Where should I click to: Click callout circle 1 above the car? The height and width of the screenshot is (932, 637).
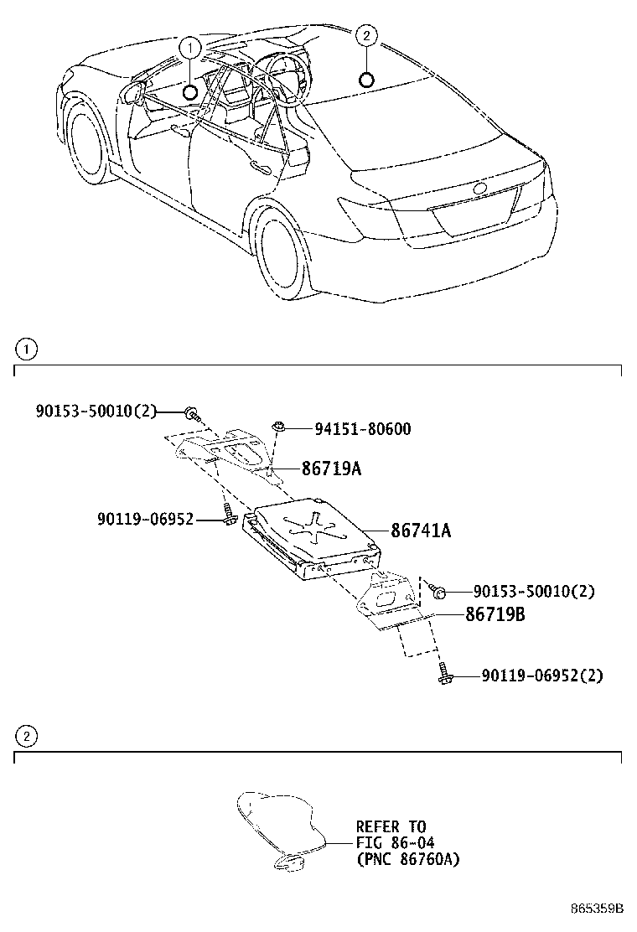(x=191, y=47)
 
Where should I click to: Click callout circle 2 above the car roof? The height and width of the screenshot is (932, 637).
(x=366, y=35)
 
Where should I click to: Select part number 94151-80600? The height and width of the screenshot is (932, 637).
(x=362, y=429)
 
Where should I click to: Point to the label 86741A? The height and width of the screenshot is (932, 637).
(x=421, y=530)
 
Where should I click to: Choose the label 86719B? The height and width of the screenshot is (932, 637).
(x=495, y=614)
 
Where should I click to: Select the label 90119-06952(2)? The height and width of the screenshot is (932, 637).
(x=541, y=675)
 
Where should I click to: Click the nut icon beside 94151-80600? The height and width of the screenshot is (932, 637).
(x=279, y=428)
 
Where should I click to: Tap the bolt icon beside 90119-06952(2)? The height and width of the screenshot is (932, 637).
(x=444, y=674)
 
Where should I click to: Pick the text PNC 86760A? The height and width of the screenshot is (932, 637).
(x=407, y=859)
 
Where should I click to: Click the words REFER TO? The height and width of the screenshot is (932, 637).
(x=391, y=826)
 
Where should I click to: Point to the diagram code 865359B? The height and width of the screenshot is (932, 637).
(x=598, y=909)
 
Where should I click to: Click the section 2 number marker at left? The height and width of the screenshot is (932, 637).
(x=26, y=737)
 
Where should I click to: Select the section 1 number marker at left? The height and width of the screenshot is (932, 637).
(x=26, y=348)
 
